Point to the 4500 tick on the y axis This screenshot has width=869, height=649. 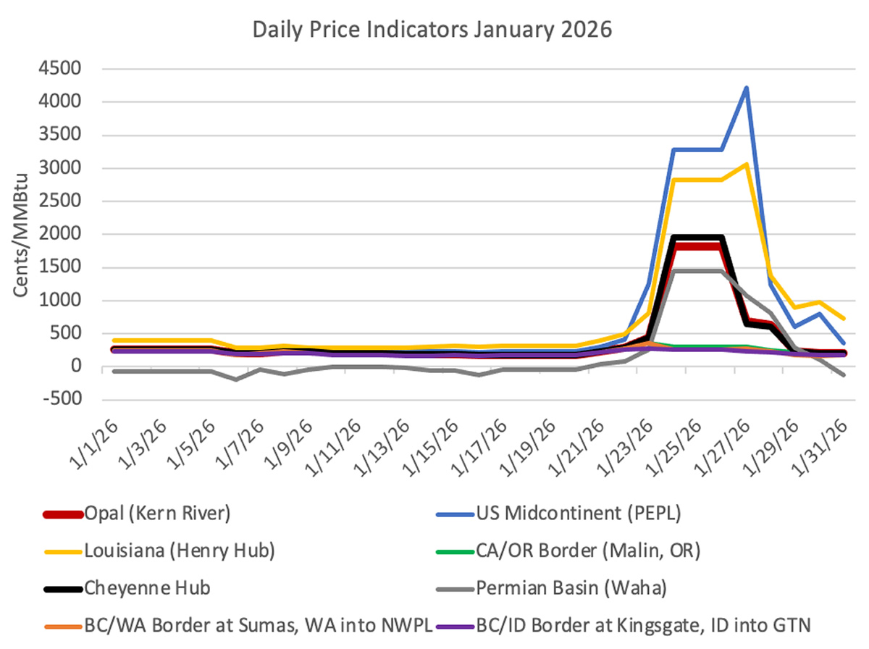pyautogui.click(x=62, y=70)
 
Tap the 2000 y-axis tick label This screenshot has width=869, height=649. pyautogui.click(x=62, y=235)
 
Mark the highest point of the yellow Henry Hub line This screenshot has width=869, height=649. pyautogui.click(x=746, y=164)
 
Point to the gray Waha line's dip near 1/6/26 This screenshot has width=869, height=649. pyautogui.click(x=236, y=379)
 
